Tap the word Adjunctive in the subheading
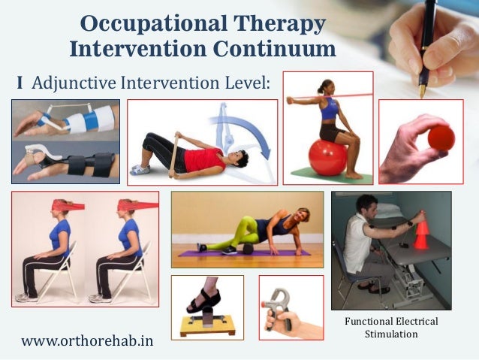point(83,81)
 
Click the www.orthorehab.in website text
point(87,340)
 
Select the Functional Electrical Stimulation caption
point(391,327)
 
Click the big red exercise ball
point(329,156)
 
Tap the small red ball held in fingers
point(441,138)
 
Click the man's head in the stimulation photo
point(366,204)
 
